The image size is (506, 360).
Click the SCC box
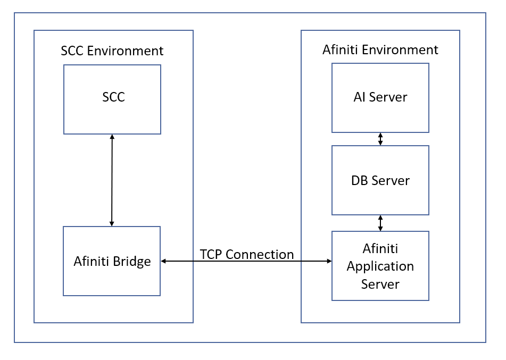(112, 99)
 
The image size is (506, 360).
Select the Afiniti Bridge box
(112, 261)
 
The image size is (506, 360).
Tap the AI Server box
(380, 98)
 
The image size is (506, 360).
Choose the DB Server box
(380, 180)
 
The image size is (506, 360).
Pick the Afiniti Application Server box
(380, 266)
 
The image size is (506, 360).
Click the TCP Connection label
(247, 254)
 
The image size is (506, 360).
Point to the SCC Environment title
(112, 51)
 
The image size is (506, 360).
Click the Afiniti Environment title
(380, 50)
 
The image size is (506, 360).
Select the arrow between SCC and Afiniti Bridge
(112, 180)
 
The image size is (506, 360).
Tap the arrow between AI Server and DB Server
(380, 139)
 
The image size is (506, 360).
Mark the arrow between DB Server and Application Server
(380, 223)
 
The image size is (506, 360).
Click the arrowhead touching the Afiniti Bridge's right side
(164, 261)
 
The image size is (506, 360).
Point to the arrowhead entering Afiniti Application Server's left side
(328, 261)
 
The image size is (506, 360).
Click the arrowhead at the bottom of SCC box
(112, 137)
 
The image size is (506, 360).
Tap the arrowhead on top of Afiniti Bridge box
(112, 223)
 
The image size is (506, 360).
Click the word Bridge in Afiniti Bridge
(133, 261)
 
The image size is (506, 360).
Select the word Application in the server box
(380, 266)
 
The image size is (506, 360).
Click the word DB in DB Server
(360, 180)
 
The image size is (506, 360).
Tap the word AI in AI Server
(360, 97)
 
